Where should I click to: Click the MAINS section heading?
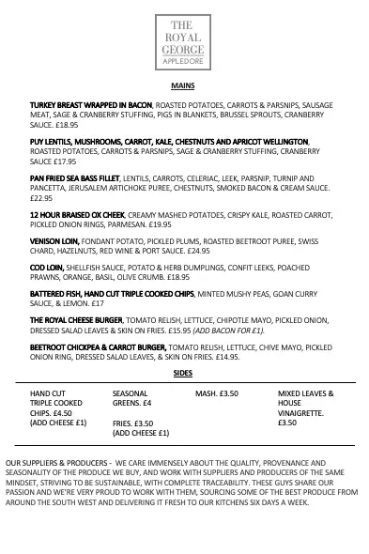[183, 85]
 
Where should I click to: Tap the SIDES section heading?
[183, 374]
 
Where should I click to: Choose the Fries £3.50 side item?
[132, 423]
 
